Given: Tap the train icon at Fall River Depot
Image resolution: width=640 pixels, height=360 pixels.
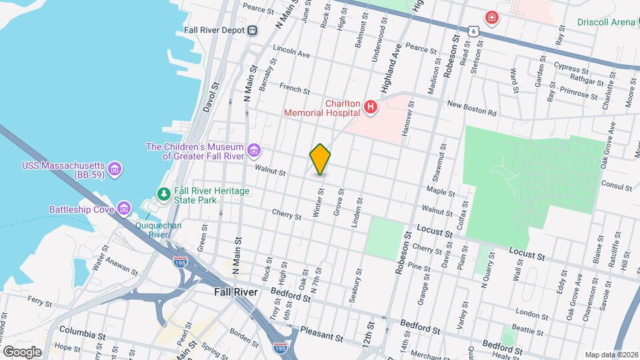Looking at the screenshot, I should [x=253, y=30].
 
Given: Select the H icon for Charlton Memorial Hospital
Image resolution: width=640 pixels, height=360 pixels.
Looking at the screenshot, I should [x=371, y=107].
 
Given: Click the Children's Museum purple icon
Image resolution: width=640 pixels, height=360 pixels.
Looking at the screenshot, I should [x=253, y=151].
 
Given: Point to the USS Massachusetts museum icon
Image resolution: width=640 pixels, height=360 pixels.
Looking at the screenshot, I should [x=115, y=168].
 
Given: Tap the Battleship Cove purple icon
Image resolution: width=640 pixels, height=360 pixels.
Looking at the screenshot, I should [x=123, y=209].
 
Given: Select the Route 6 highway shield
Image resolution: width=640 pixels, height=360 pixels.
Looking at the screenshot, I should [x=473, y=31].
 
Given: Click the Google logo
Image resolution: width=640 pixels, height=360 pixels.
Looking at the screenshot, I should [x=22, y=351].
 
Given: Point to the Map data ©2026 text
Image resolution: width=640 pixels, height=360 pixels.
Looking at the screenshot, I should [x=611, y=355].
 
